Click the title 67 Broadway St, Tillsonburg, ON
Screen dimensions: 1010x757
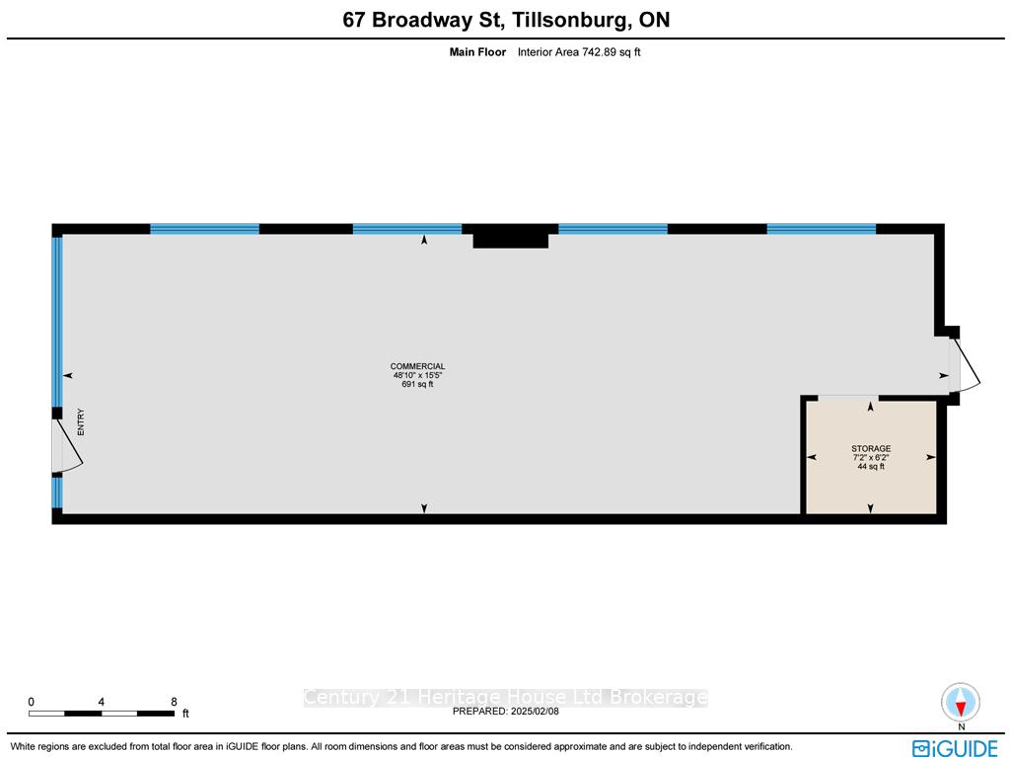click(x=506, y=20)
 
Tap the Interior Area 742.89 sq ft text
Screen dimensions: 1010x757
click(x=579, y=52)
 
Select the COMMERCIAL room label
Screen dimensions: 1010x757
click(x=417, y=366)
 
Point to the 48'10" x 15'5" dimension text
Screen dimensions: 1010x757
click(x=418, y=375)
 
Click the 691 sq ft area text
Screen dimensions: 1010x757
click(x=417, y=384)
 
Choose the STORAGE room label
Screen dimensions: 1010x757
click(x=871, y=448)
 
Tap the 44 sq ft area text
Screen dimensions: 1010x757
click(x=871, y=466)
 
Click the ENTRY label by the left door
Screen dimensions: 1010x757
click(x=81, y=421)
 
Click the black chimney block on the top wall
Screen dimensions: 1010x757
click(x=510, y=236)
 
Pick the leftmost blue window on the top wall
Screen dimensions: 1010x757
click(x=205, y=229)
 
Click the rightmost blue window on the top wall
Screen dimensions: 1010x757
click(x=822, y=229)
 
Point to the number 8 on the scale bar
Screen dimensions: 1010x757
click(x=174, y=702)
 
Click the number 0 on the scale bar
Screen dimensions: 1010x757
click(x=31, y=702)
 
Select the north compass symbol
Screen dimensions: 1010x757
click(x=961, y=703)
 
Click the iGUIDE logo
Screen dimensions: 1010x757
click(x=955, y=747)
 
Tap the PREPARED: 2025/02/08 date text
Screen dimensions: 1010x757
click(x=506, y=712)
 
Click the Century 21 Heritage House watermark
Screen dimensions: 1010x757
click(x=506, y=697)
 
